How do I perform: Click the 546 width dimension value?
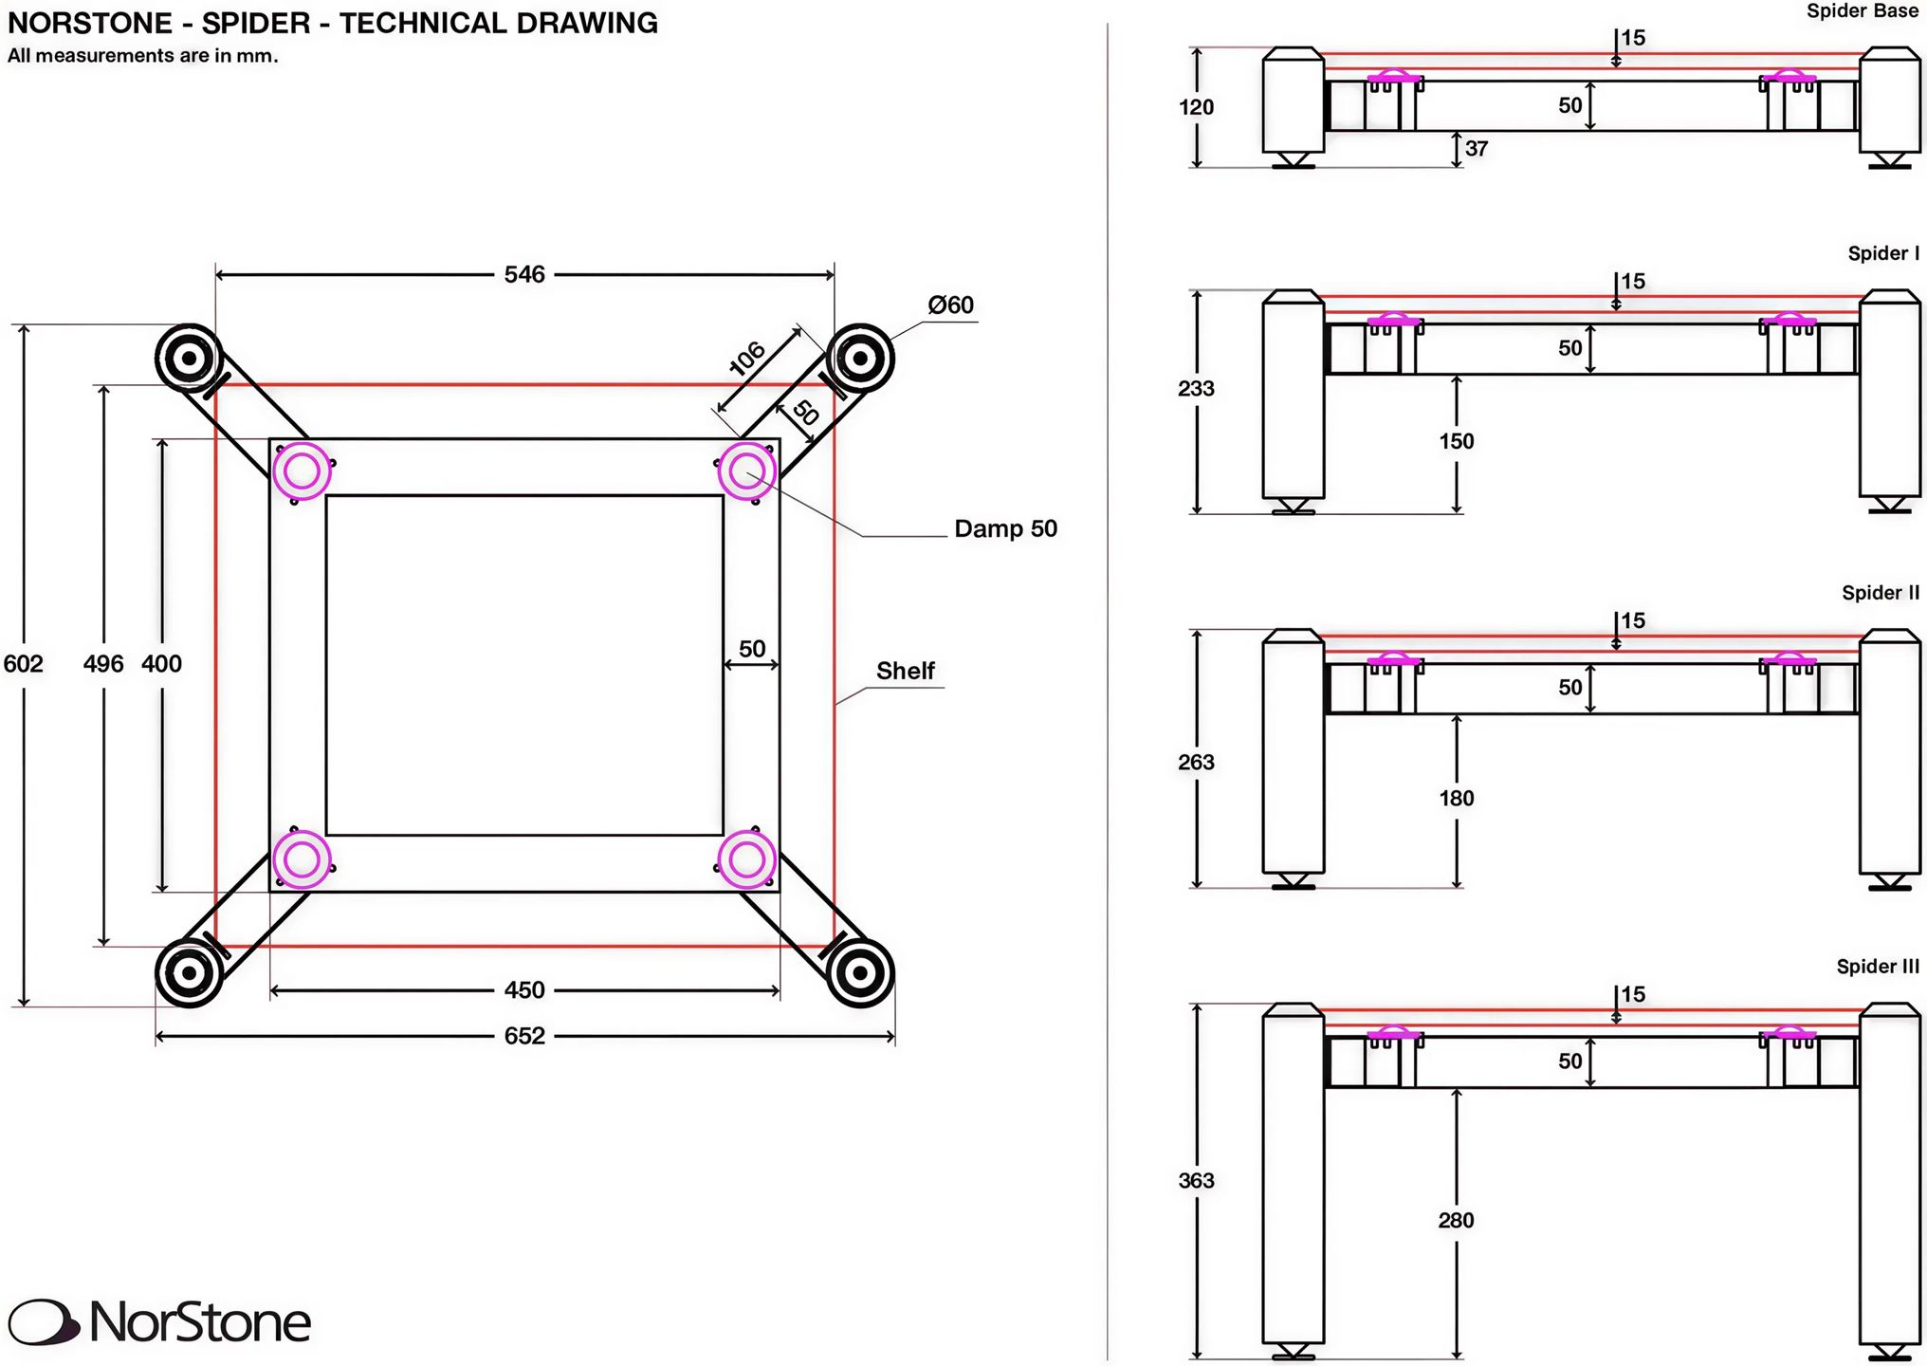pos(524,275)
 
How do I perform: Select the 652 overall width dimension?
pos(524,1036)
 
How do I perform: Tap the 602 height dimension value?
pos(23,664)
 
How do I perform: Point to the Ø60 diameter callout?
pos(950,305)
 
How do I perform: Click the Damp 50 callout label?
pos(1005,528)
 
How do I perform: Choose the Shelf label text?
pos(906,672)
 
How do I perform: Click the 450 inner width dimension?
pos(524,990)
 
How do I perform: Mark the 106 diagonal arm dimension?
pos(747,359)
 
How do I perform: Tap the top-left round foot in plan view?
pos(189,359)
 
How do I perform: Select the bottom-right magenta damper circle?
pos(746,860)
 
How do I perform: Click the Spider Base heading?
pos(1863,11)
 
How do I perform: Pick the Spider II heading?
pos(1881,593)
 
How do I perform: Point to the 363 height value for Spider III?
pos(1196,1181)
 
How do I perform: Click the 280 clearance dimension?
pos(1456,1221)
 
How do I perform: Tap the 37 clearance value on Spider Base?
pos(1477,149)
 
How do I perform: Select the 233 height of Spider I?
pos(1196,389)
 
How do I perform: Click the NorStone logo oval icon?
pos(44,1322)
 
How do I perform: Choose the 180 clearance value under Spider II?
pos(1457,799)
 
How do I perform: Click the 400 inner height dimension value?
pos(161,664)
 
